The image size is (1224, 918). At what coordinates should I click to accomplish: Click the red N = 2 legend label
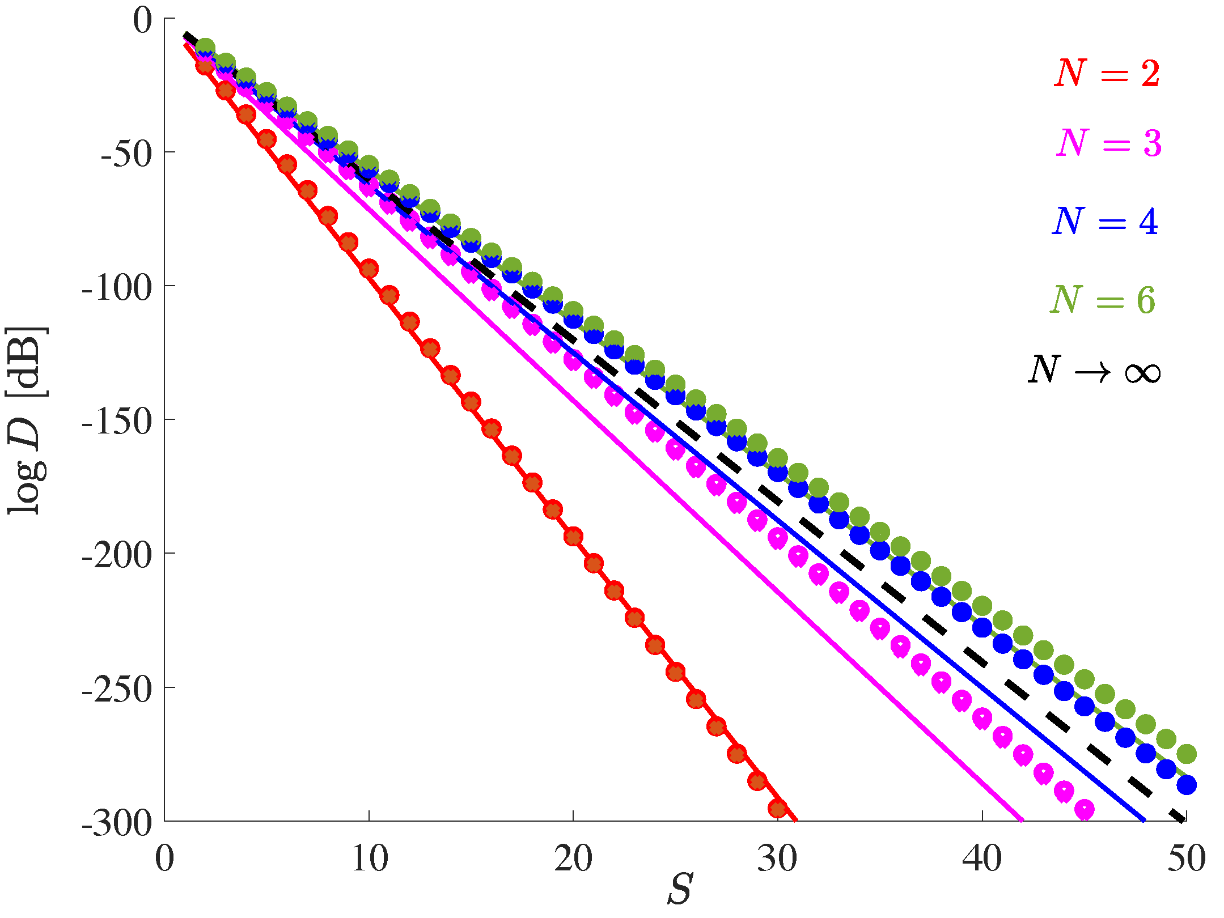click(1107, 74)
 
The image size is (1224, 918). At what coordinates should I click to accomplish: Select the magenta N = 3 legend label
click(1109, 143)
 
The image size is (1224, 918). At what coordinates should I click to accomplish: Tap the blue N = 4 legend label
click(1105, 222)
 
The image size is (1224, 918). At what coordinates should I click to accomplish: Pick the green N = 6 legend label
click(1102, 300)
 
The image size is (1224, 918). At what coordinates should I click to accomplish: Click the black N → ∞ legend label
click(1094, 371)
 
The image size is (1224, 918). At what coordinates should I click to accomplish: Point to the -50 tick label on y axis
click(127, 154)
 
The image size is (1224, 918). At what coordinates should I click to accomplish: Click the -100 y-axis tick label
click(117, 287)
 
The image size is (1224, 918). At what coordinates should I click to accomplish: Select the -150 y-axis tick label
click(117, 421)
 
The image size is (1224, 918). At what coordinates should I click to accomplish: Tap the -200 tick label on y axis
click(117, 555)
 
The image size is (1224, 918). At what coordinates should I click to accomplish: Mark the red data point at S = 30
click(778, 808)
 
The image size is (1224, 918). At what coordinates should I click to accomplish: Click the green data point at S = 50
click(1187, 754)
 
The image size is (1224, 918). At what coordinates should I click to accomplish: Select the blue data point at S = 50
click(1187, 785)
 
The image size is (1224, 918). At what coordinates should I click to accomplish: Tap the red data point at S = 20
click(574, 537)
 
